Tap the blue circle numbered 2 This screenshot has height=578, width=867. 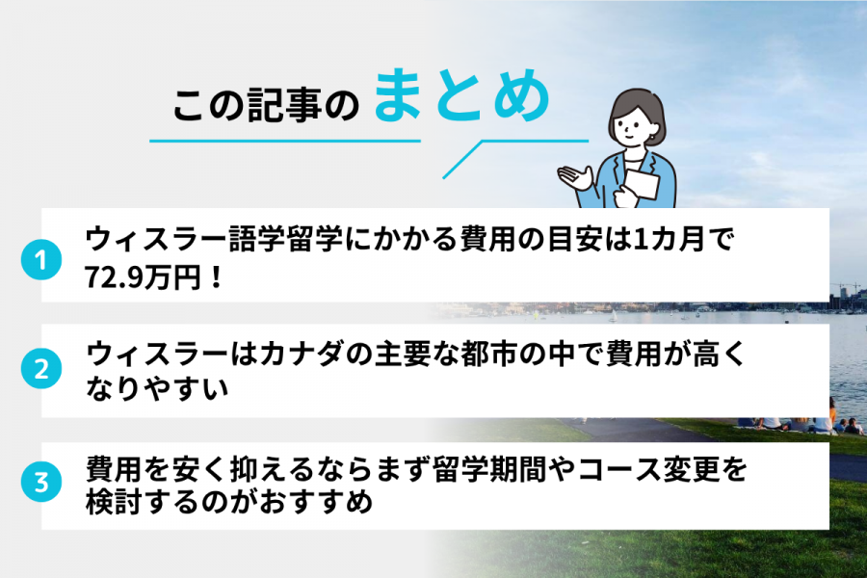tap(40, 369)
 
